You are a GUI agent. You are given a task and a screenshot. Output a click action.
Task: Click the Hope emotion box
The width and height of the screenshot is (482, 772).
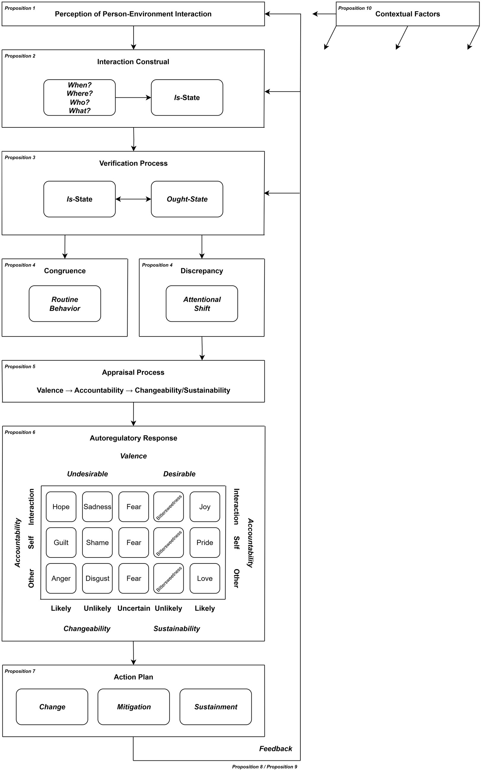(x=61, y=506)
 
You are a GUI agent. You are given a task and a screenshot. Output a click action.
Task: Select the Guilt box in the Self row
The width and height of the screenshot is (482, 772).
(x=61, y=542)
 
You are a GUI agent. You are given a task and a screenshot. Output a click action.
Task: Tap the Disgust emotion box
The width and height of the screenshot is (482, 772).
(x=97, y=578)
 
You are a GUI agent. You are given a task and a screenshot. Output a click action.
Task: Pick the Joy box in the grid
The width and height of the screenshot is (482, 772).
(x=205, y=506)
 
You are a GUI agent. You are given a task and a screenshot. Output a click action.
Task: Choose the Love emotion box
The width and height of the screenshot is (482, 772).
(x=205, y=578)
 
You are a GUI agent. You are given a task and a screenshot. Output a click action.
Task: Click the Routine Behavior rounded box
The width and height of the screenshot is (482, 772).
(x=65, y=304)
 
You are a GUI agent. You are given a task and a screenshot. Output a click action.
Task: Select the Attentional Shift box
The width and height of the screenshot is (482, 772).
(x=202, y=304)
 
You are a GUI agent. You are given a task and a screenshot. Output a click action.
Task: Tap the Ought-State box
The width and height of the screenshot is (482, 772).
(x=187, y=199)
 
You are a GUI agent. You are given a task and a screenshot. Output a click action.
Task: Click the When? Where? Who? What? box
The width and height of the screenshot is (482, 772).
(x=79, y=98)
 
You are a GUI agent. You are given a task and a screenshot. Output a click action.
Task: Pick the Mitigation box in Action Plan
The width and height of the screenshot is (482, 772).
(x=134, y=707)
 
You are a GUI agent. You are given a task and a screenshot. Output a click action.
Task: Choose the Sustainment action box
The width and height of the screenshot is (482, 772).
(x=215, y=707)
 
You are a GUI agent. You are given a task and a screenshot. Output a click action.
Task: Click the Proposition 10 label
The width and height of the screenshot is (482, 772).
(x=354, y=8)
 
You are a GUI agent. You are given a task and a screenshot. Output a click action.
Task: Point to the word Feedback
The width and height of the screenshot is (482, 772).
(x=275, y=749)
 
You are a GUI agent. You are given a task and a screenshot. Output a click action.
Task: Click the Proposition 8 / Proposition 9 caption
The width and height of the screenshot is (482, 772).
(x=264, y=767)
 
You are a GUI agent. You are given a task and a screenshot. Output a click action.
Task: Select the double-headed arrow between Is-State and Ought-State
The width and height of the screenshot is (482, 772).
(x=133, y=199)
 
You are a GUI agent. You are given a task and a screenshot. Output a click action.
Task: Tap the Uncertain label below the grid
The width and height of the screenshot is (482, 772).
(x=134, y=608)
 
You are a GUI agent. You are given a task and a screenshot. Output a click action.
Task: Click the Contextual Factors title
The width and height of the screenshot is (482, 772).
(x=408, y=14)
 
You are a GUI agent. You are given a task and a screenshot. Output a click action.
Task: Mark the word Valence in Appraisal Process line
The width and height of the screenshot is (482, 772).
(x=50, y=390)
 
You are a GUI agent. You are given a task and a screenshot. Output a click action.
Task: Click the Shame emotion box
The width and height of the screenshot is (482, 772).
(x=97, y=542)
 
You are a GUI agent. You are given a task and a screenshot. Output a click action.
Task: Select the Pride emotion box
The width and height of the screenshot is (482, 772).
(x=205, y=542)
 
